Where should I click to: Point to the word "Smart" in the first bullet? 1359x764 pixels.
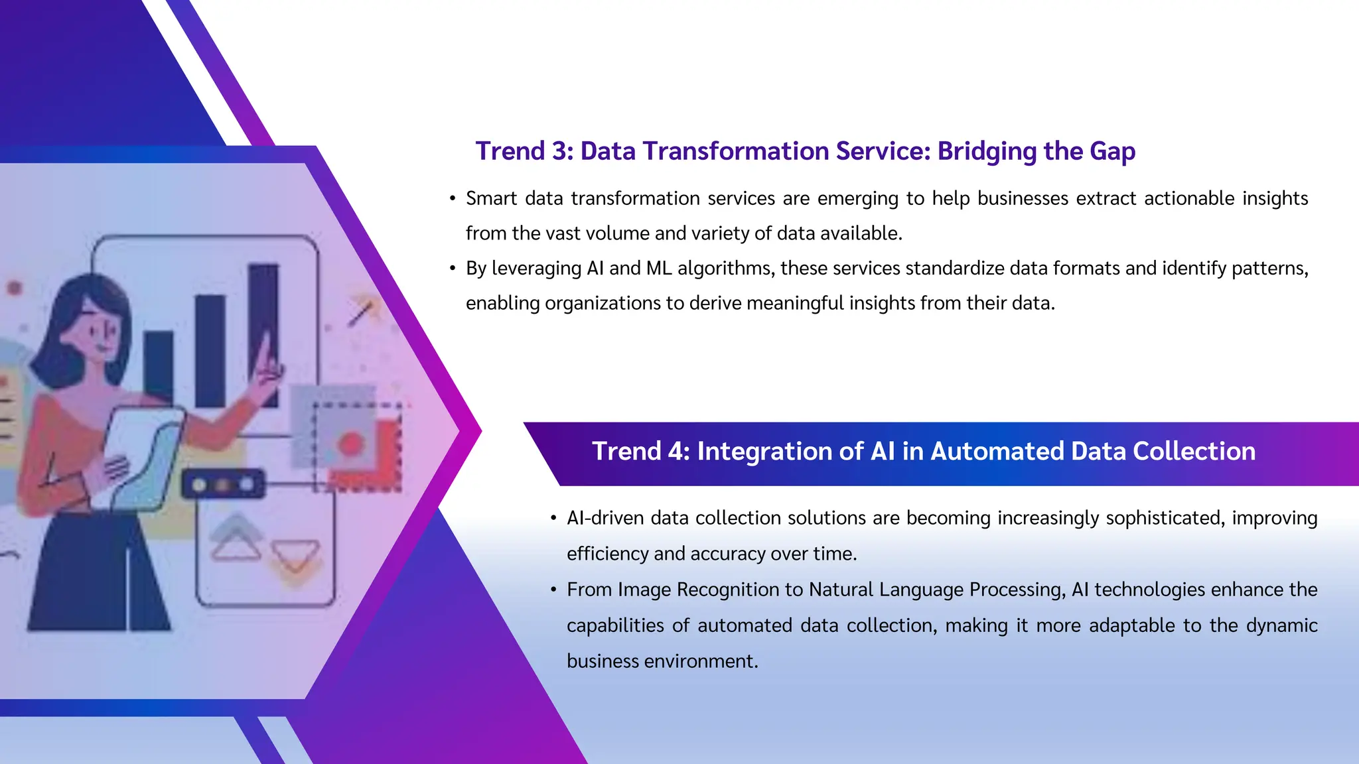[491, 198]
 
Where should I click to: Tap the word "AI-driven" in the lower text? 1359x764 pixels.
[605, 518]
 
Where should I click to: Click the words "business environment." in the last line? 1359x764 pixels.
[662, 661]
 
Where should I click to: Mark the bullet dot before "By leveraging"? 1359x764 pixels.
[453, 268]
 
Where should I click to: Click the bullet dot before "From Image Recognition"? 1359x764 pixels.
[553, 590]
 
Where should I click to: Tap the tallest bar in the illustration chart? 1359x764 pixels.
[263, 332]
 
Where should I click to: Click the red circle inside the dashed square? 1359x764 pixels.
[351, 443]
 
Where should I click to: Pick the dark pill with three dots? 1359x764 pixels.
[223, 484]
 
